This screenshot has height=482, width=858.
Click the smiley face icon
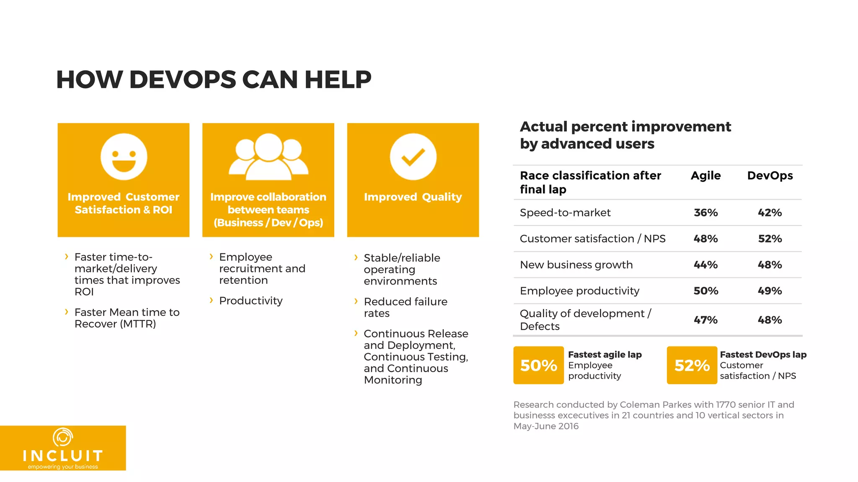124,156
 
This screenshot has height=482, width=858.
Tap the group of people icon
268,157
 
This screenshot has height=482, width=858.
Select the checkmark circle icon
413,156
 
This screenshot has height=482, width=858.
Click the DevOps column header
770,176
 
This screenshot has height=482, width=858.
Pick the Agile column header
706,176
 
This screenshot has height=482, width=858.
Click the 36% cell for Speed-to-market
706,213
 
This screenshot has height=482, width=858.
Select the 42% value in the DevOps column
770,213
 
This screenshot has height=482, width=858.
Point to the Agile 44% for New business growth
706,265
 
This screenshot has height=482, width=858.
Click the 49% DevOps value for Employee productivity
770,291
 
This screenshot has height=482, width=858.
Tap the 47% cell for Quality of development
706,320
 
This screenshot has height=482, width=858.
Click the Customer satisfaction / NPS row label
592,239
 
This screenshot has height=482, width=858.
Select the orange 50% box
538,365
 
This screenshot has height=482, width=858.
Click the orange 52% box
692,365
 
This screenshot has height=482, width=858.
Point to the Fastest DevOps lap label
763,355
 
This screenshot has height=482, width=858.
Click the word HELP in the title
338,79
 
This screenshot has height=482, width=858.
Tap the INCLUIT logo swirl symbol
63,437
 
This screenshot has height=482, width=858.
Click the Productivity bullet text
251,301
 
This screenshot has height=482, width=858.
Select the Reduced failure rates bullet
405,308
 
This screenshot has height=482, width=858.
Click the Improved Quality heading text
413,197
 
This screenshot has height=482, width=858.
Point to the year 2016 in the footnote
568,426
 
